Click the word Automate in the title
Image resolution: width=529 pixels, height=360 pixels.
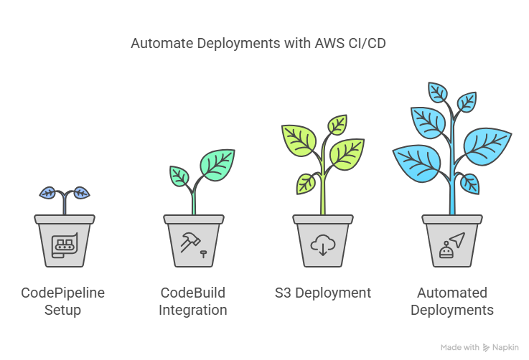point(156,44)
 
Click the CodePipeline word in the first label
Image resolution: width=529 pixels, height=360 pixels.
point(63,293)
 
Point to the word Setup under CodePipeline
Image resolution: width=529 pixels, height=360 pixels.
point(63,310)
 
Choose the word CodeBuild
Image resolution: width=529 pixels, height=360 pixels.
point(193,293)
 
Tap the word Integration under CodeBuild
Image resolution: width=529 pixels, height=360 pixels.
point(193,310)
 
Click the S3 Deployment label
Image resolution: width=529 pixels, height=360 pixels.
point(323,293)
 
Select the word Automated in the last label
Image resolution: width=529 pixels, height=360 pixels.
point(452,293)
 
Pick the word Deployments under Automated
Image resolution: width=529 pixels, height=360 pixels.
point(452,310)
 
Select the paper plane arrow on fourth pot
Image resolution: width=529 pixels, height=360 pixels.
point(458,240)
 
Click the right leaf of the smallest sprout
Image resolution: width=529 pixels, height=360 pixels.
point(81,192)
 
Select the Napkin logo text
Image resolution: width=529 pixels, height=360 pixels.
point(505,347)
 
